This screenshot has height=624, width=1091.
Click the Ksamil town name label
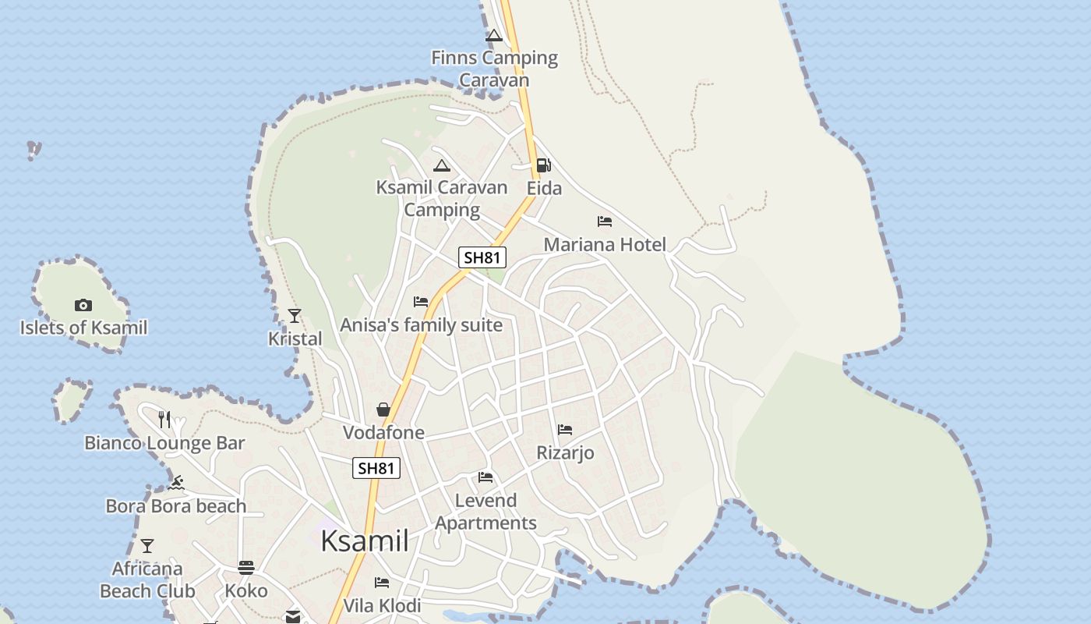coord(364,541)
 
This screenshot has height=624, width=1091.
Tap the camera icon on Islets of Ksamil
coord(83,305)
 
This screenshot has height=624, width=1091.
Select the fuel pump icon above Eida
coord(543,165)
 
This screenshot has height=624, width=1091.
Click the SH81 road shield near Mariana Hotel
coord(482,257)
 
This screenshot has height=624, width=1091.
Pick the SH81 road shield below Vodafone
coord(376,468)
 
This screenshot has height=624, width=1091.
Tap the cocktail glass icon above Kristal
coord(295,315)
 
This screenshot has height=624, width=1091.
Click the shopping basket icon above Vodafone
coord(383,409)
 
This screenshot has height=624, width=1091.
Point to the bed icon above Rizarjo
coord(565,430)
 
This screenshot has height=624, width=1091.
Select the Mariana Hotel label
coord(605,244)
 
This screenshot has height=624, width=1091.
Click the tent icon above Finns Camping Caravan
coord(494,35)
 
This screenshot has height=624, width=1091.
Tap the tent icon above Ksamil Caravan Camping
coord(442,165)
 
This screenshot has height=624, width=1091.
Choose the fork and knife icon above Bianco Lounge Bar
coord(164,419)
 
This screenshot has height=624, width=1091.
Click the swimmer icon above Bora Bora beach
coord(176,483)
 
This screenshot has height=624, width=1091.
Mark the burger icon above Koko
coord(246,567)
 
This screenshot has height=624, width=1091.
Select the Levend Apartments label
coord(485,512)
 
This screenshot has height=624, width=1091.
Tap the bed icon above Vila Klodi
coord(382,583)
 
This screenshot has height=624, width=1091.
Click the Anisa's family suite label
coord(421,324)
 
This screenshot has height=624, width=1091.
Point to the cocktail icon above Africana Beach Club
coord(147,545)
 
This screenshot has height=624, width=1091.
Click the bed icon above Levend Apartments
coord(485,477)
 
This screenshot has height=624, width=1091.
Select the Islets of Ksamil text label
coord(83,328)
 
